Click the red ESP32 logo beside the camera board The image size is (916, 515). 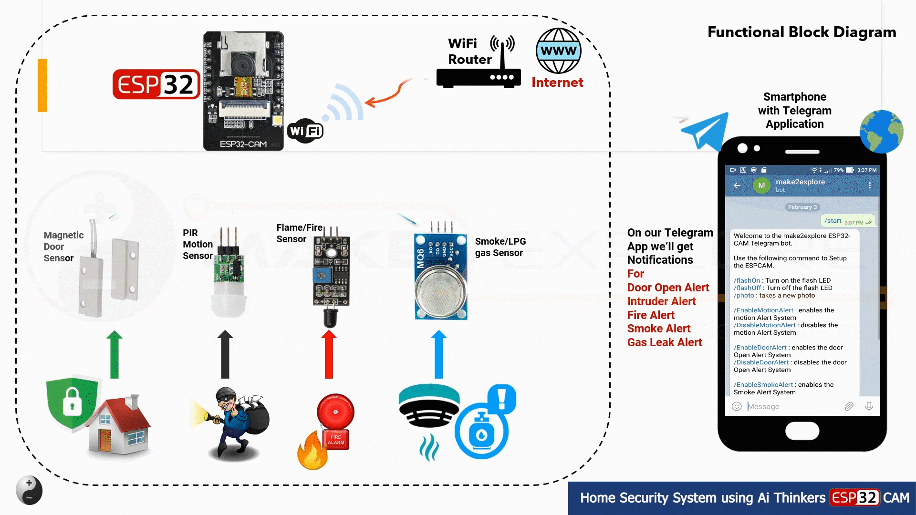[x=156, y=84]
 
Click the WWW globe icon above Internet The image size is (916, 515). [x=558, y=51]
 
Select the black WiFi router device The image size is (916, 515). [x=478, y=78]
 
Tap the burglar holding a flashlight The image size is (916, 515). [x=236, y=422]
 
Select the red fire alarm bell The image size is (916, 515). [x=335, y=412]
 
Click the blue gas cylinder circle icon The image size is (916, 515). [x=481, y=432]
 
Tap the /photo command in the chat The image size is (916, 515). [x=744, y=296]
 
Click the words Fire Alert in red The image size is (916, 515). [x=650, y=315]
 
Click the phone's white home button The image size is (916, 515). [x=802, y=431]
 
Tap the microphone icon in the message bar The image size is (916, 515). [x=869, y=406]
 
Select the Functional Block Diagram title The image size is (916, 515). [x=801, y=32]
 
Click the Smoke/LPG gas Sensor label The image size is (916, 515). [x=500, y=247]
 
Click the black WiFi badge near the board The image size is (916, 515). [x=305, y=131]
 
